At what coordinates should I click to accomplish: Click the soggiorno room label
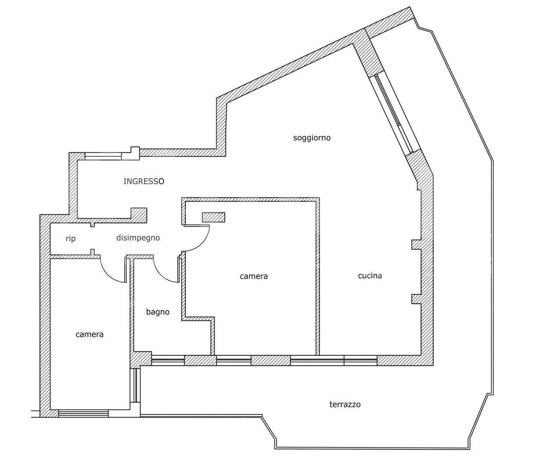(312, 138)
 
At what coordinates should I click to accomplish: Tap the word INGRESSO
(144, 181)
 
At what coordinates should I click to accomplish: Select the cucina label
(370, 276)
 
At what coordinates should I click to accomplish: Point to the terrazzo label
(345, 404)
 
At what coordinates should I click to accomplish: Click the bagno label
(158, 311)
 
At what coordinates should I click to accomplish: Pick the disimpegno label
(138, 238)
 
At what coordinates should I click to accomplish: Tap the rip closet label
(71, 238)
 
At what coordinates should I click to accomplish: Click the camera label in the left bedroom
(89, 334)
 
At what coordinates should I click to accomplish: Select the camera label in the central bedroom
(254, 276)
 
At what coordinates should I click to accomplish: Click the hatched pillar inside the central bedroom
(213, 217)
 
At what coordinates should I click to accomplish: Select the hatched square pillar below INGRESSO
(139, 215)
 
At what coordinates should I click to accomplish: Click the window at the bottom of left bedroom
(83, 414)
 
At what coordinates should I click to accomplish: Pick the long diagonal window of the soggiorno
(393, 114)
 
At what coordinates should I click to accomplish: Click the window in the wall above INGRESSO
(103, 156)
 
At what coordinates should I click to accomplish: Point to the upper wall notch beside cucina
(416, 244)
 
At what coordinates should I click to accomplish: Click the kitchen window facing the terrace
(334, 361)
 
